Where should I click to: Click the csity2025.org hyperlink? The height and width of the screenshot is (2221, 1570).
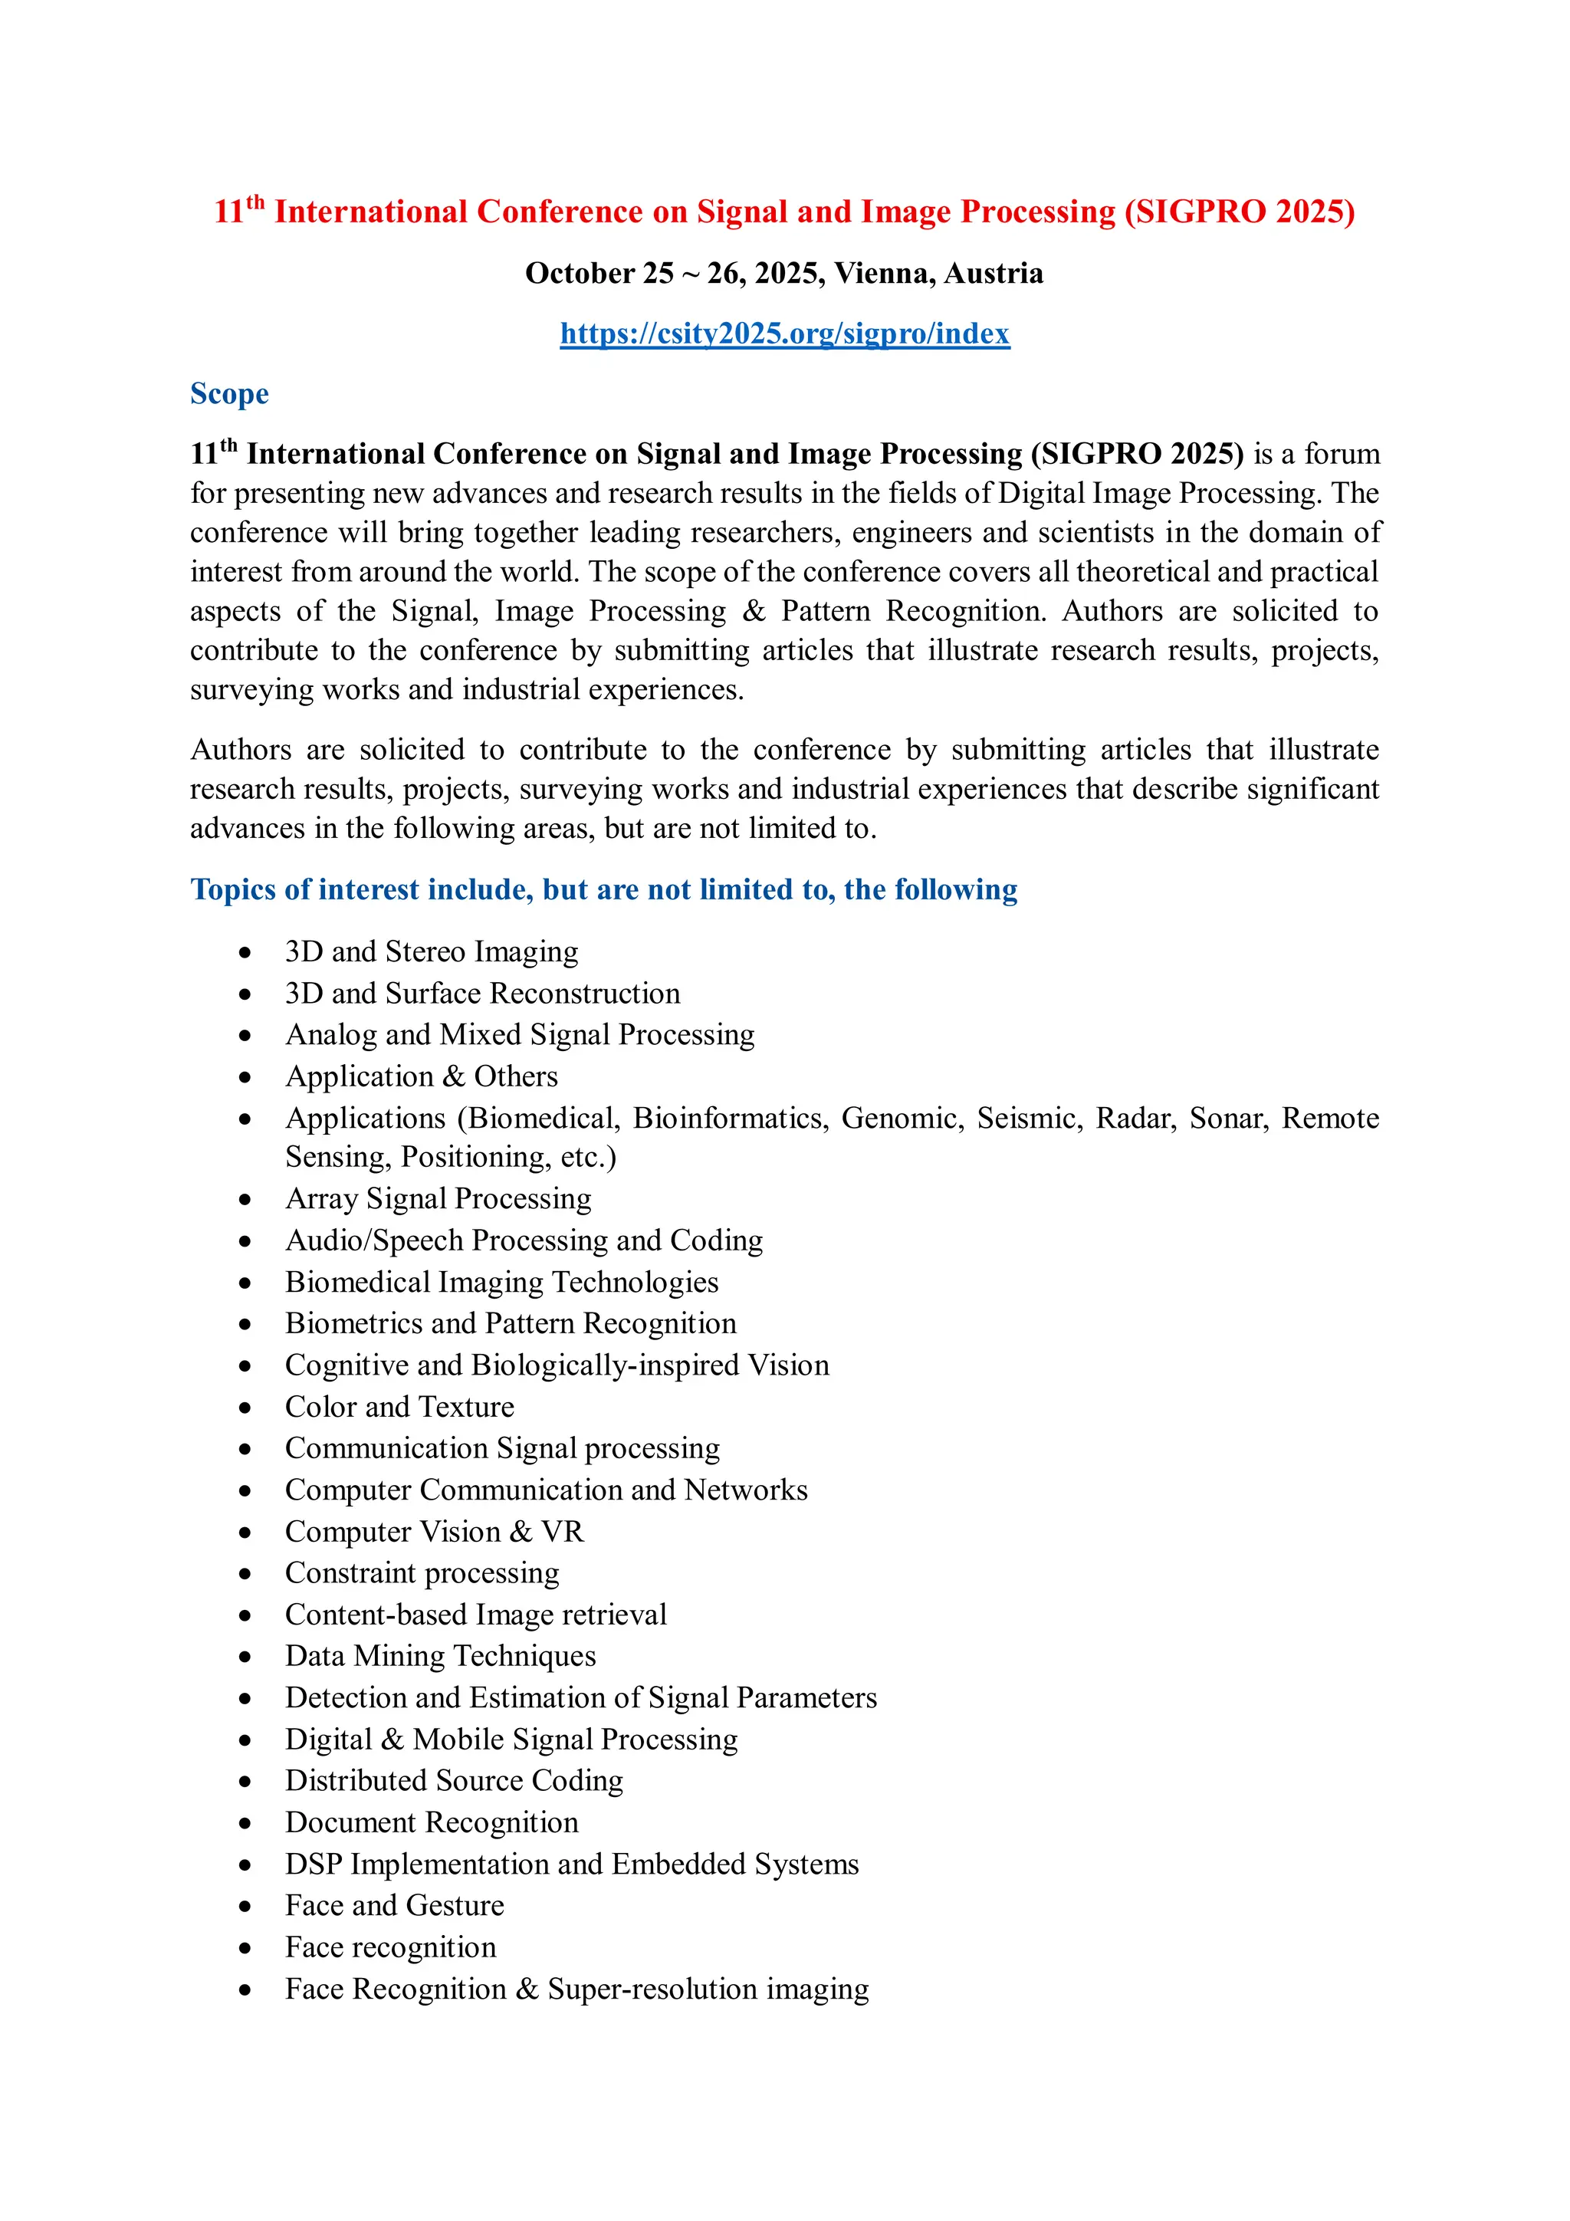pos(784,333)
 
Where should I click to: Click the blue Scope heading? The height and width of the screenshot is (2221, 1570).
pos(229,394)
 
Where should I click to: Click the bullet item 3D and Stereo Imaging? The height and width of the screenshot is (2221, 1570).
pos(432,952)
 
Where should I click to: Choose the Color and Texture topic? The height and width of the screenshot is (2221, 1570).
pos(399,1407)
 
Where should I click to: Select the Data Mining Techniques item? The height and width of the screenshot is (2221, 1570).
pos(440,1656)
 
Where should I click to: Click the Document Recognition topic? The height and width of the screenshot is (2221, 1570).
pos(432,1822)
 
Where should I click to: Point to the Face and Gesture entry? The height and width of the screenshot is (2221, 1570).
pos(395,1906)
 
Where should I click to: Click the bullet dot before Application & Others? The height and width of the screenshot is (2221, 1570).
pos(246,1078)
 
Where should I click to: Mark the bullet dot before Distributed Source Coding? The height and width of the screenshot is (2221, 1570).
pos(246,1782)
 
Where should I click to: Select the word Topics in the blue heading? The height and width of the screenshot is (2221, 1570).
pos(232,890)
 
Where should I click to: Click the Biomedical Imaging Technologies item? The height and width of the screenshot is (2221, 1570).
pos(502,1282)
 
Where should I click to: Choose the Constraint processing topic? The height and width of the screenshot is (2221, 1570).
pos(422,1573)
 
